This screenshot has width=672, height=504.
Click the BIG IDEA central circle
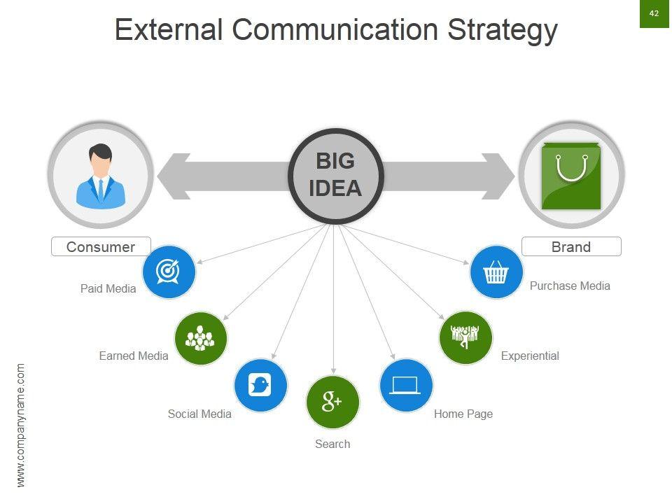pos(336,176)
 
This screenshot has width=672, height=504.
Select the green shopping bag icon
pos(571,176)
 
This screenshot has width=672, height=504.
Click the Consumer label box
pos(101,246)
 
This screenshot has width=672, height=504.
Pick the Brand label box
pos(571,246)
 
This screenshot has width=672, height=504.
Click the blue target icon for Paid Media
pos(169,272)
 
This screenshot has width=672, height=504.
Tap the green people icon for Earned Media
pos(201,338)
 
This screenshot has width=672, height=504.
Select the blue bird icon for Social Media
pos(260,385)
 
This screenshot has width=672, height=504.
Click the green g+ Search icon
pos(332,402)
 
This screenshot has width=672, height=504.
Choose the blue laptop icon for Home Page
pos(406,385)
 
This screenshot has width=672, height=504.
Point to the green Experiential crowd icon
pos(465,337)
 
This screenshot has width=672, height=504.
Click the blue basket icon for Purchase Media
pos(496,272)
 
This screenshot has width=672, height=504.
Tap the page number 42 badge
pos(654,13)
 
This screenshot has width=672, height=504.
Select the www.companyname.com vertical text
pos(21,425)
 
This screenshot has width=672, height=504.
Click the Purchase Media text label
pos(570,286)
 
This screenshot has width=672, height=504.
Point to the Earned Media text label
pos(134,356)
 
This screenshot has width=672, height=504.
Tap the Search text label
pos(332,444)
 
